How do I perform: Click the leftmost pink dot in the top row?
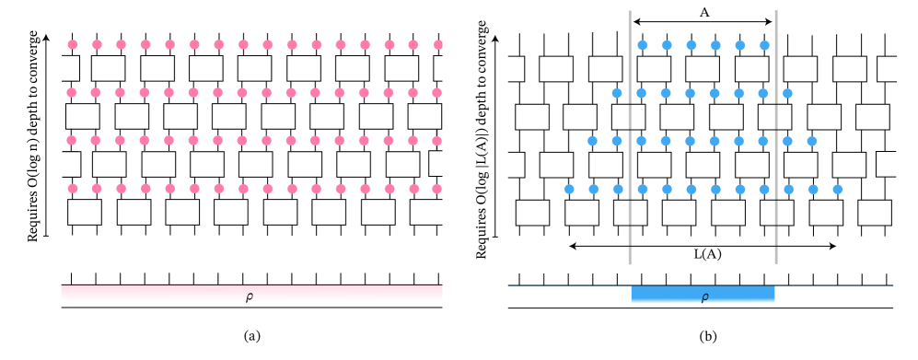click(x=73, y=44)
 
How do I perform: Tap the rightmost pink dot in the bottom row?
click(x=436, y=189)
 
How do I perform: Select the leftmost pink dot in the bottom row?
click(x=73, y=189)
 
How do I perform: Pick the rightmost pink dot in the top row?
click(x=436, y=44)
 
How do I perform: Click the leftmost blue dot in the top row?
click(x=643, y=44)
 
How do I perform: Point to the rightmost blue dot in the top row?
click(x=763, y=44)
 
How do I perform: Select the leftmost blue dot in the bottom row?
click(x=569, y=190)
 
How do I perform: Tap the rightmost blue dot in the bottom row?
click(x=837, y=190)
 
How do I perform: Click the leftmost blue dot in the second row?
click(x=618, y=93)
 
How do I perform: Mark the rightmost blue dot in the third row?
click(x=811, y=141)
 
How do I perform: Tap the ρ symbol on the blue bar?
click(x=704, y=296)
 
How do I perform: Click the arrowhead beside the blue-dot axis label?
click(x=497, y=39)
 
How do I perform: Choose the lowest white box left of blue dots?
click(x=532, y=213)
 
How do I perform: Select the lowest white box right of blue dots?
click(x=874, y=213)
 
